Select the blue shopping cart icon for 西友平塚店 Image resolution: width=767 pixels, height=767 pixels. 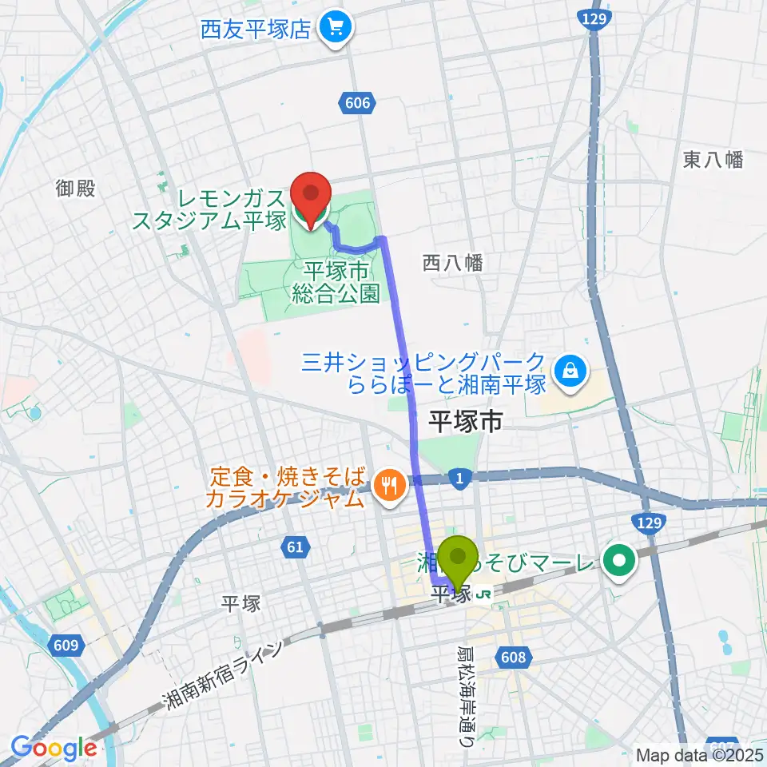(332, 30)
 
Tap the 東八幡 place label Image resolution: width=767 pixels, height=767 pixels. (713, 160)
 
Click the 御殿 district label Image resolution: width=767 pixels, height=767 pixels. (76, 189)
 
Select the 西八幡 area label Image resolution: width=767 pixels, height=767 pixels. (452, 263)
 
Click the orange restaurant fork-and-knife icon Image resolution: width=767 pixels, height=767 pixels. (390, 484)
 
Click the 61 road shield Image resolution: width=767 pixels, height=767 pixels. (295, 547)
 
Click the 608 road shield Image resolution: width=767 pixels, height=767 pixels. (515, 657)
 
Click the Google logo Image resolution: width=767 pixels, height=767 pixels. (54, 748)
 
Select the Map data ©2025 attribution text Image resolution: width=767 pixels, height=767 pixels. (699, 754)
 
